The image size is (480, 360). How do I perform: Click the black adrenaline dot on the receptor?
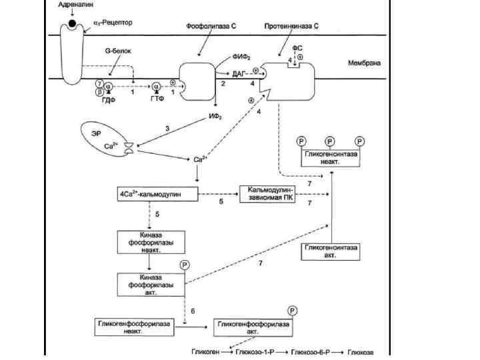tap(72, 25)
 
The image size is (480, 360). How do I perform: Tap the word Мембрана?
tap(364, 64)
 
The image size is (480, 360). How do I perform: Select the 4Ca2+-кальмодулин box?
tap(158, 194)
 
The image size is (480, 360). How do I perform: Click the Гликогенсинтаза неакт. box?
tap(331, 157)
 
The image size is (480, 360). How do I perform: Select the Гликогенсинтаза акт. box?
tap(331, 251)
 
